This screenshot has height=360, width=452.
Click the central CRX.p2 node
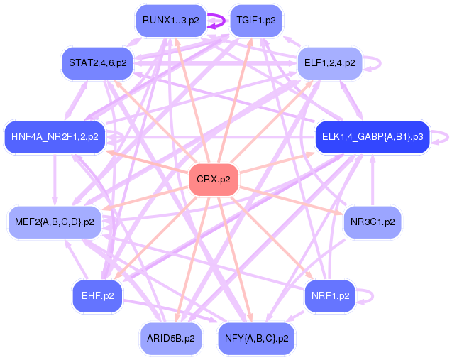click(213, 180)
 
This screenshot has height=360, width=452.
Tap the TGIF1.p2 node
click(255, 20)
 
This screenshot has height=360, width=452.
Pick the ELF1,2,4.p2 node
click(329, 62)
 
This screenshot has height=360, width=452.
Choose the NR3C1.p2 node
click(372, 222)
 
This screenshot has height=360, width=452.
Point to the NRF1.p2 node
click(330, 295)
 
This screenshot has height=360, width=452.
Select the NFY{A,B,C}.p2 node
click(255, 338)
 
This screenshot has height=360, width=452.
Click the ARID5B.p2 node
click(170, 338)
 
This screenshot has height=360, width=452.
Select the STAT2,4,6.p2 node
click(97, 62)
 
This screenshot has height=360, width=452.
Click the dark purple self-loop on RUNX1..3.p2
click(216, 21)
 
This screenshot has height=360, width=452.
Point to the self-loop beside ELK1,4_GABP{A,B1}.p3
click(441, 136)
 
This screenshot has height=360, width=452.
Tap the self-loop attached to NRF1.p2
click(368, 296)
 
